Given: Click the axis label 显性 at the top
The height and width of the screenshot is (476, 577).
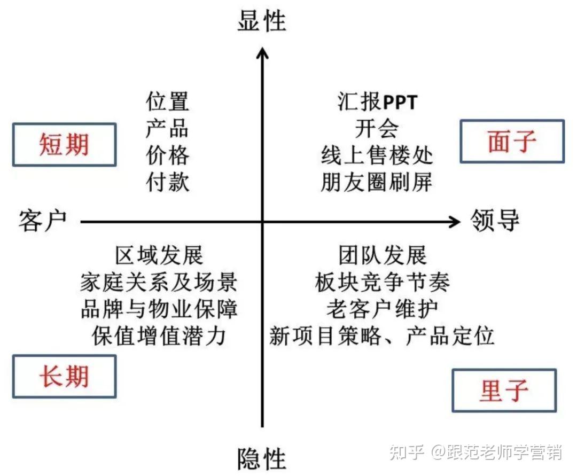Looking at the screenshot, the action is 262,20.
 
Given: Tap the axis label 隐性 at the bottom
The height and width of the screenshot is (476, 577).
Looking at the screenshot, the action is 262,458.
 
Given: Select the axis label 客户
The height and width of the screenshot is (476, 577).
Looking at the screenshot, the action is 43,221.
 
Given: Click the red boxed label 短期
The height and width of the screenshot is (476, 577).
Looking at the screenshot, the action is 64,145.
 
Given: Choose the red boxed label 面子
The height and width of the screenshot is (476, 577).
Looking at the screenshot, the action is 512,142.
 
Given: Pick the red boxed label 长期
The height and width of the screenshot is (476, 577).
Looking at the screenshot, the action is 64,378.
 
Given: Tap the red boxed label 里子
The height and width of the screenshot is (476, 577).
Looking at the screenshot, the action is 504,391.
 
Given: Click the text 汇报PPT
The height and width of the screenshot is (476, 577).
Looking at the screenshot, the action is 377,102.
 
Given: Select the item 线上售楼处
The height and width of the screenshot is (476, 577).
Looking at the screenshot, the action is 377,156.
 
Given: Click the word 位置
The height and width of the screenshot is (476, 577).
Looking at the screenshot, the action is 168,102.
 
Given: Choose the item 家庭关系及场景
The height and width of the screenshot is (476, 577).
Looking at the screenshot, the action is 159,282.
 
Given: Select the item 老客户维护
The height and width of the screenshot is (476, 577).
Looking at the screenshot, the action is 382,309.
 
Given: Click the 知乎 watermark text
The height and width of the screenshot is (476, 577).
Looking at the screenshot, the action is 408,452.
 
